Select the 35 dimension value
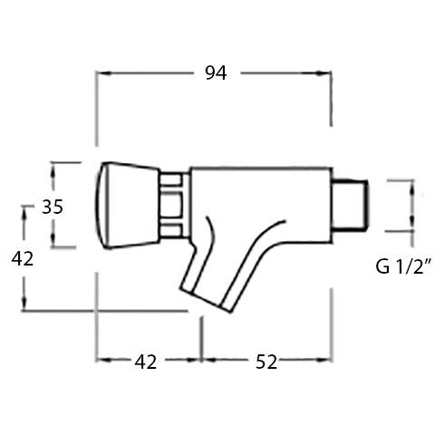[x=53, y=206]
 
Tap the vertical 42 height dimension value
[x=22, y=259]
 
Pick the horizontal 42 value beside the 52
[x=145, y=362]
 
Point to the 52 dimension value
[x=264, y=362]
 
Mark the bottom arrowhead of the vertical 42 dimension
[x=24, y=306]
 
